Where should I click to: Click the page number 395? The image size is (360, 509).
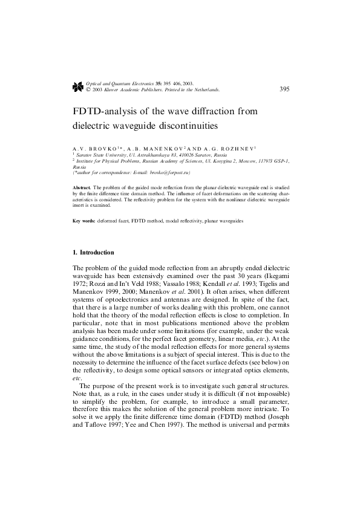click(x=284, y=89)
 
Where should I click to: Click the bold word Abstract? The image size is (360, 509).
click(x=82, y=187)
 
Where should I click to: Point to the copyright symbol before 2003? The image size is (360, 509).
click(x=88, y=89)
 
